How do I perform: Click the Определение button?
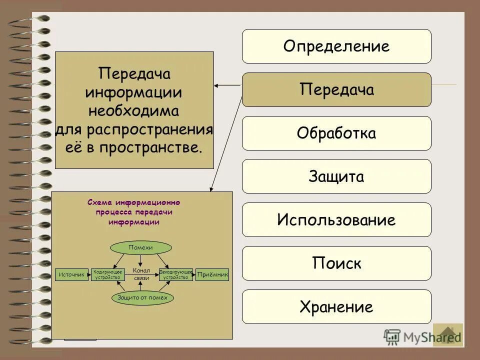coord(336,46)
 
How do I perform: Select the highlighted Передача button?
coord(336,90)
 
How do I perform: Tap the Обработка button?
coord(336,133)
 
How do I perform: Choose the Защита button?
coord(336,176)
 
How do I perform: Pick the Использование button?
coord(336,220)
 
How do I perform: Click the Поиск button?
coord(336,263)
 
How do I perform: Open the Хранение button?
coord(336,306)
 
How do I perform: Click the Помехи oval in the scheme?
coord(140,247)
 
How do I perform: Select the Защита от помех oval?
coord(142,297)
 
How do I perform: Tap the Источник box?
coord(71,274)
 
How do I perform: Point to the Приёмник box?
coord(212,274)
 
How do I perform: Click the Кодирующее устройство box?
coord(107,274)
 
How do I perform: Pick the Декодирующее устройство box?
coord(176,274)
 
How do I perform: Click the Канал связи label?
coord(141,274)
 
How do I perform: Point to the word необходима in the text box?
coord(134,109)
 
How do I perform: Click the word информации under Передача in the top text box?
coord(134,92)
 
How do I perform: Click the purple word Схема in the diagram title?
coord(99,202)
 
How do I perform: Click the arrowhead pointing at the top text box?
coord(217,86)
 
